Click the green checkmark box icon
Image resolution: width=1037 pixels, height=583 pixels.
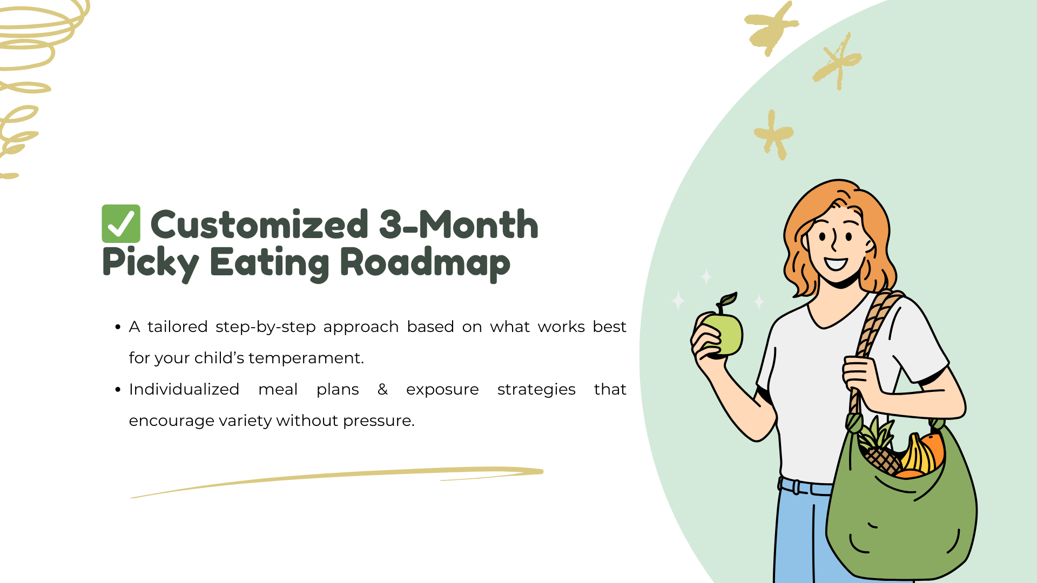[x=121, y=223]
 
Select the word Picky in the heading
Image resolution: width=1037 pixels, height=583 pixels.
[x=151, y=264]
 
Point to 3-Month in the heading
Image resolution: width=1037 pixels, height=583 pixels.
[x=459, y=225]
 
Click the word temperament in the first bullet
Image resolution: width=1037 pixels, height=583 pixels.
[x=306, y=358]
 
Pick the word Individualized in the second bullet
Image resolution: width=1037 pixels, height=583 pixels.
[x=184, y=389]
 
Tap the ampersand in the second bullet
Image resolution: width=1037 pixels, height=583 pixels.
[x=383, y=389]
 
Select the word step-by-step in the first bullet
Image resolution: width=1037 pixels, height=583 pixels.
[x=266, y=328]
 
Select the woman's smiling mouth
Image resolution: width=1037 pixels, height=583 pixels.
[x=836, y=263]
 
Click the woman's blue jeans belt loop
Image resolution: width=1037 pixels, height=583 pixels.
[x=797, y=486]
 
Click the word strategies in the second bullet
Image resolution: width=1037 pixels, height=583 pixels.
[x=536, y=390]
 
